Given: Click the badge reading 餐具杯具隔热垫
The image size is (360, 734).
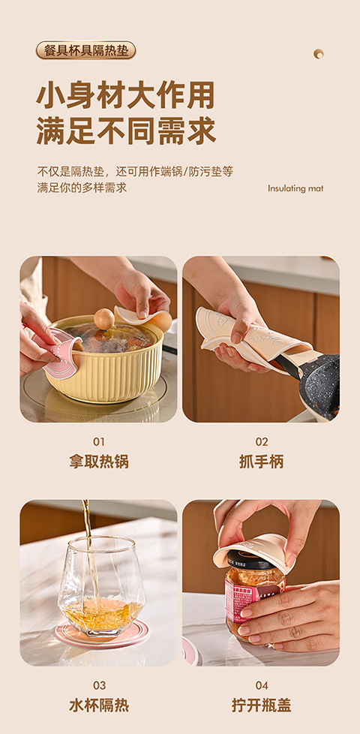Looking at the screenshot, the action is click(x=86, y=50).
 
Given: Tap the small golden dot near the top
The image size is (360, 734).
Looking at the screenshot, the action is click(x=319, y=54).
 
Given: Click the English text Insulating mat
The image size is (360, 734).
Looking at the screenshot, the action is click(x=295, y=188).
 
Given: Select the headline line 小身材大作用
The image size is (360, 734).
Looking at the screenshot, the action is click(x=125, y=95).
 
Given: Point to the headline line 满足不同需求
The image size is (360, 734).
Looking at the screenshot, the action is click(x=126, y=131).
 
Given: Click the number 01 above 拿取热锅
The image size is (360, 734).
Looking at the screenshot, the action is click(x=99, y=442).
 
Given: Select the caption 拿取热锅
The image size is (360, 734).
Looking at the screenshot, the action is click(x=99, y=462).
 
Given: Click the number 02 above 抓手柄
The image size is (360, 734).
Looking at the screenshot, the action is click(x=261, y=442).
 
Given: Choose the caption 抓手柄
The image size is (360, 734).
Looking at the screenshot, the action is click(x=261, y=462).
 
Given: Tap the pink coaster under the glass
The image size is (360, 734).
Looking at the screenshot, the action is click(x=102, y=633).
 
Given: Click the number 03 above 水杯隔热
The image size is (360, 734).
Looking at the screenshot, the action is click(x=99, y=686).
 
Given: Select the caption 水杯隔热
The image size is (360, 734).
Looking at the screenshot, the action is click(x=99, y=705).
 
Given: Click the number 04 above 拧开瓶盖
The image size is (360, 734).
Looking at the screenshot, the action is click(x=261, y=686).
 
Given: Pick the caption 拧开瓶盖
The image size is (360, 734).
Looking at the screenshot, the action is click(x=261, y=705).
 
